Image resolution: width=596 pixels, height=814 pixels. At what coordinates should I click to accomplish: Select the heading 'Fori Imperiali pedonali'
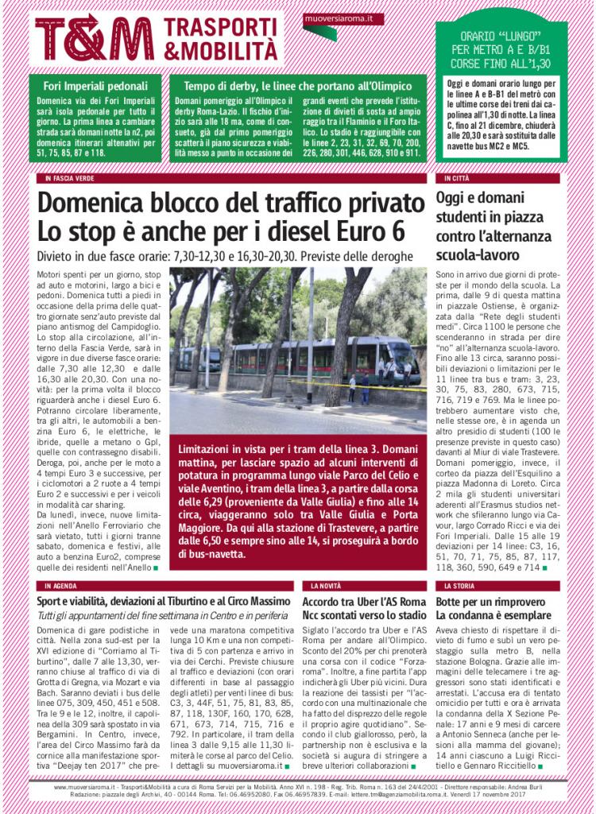point(96,86)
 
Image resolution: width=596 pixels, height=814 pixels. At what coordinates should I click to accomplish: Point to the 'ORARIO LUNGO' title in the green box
point(501,37)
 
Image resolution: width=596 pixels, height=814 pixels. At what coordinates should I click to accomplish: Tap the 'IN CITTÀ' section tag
point(457,179)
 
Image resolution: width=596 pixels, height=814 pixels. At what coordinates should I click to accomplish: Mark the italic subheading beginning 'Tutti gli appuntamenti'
point(148,616)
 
